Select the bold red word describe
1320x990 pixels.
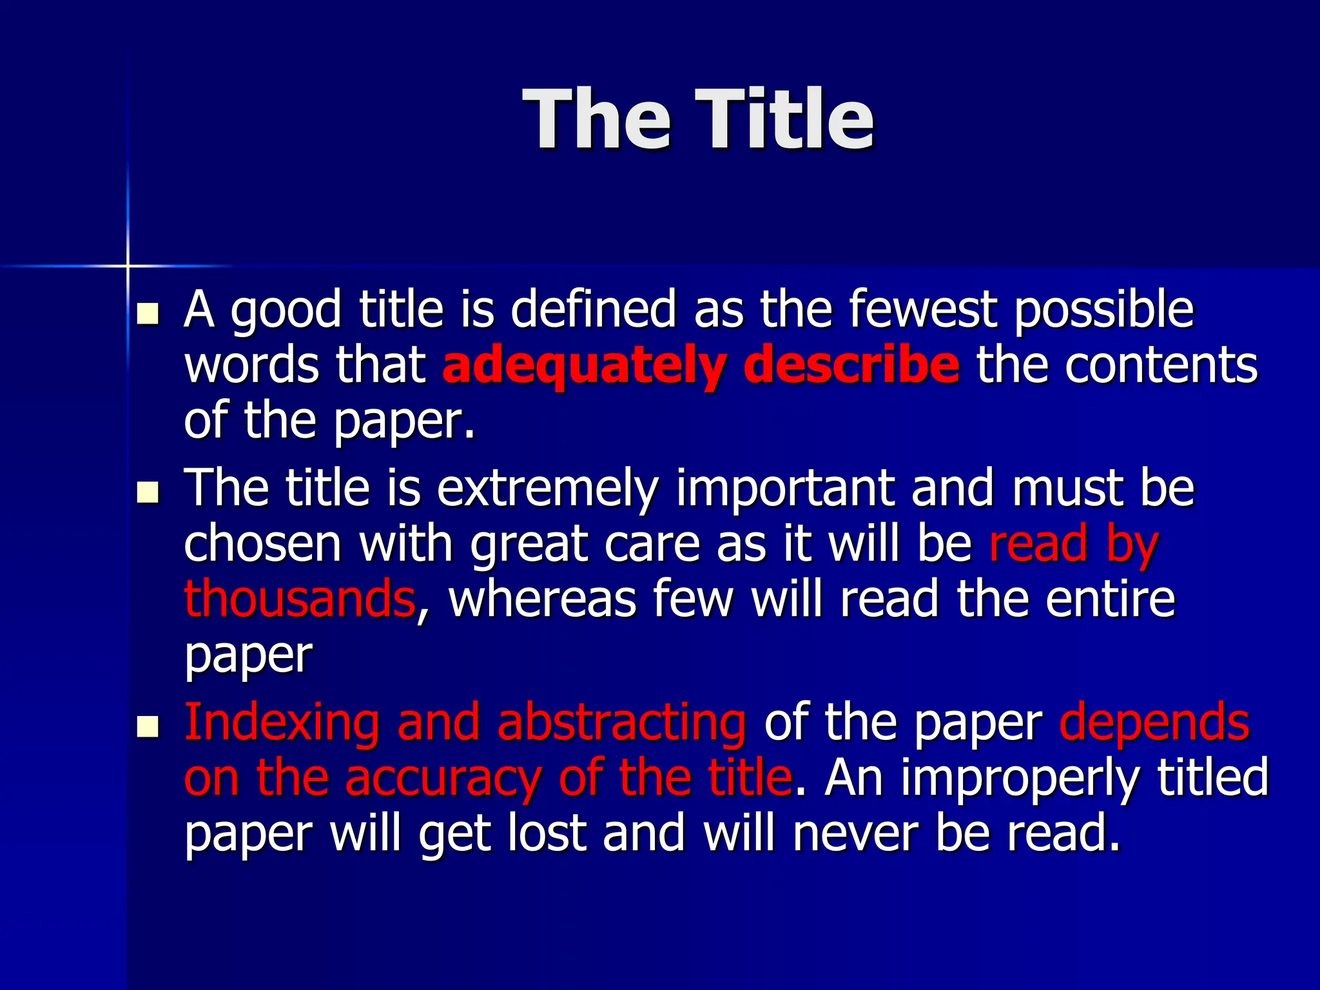pyautogui.click(x=851, y=365)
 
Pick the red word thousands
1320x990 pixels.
pyautogui.click(x=300, y=598)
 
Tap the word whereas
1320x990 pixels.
pyautogui.click(x=543, y=599)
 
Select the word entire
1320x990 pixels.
pyautogui.click(x=1110, y=599)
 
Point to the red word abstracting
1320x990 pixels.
pyautogui.click(x=621, y=722)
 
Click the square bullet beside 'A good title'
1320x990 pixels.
pyautogui.click(x=148, y=314)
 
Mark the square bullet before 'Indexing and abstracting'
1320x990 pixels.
pyautogui.click(x=148, y=726)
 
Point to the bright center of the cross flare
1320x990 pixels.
pyautogui.click(x=128, y=266)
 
